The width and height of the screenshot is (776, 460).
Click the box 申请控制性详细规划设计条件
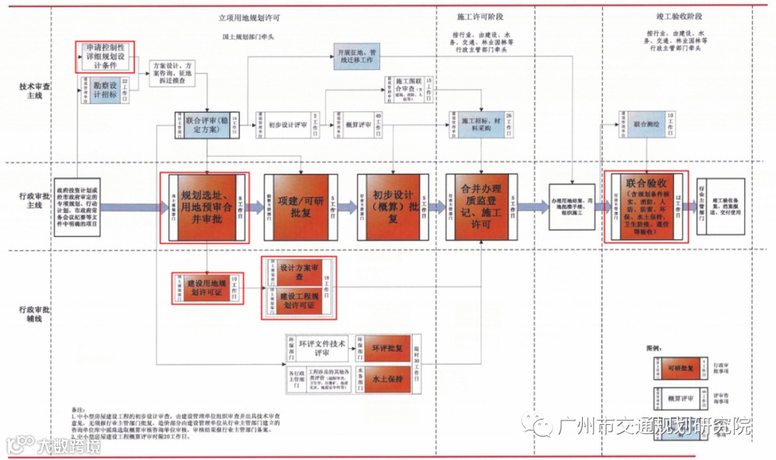[106, 56]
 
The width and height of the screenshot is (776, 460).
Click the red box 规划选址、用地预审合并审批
[208, 207]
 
